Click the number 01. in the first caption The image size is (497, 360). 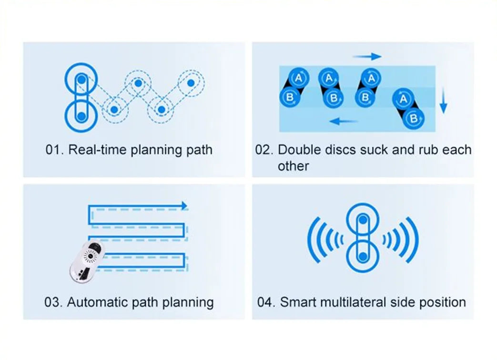click(54, 150)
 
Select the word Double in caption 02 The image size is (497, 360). click(298, 150)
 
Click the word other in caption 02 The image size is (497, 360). click(293, 166)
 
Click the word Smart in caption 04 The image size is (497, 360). click(298, 302)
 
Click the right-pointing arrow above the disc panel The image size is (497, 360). click(367, 57)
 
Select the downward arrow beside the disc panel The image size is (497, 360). click(444, 100)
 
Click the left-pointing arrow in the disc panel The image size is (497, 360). click(344, 121)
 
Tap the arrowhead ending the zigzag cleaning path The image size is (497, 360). click(184, 206)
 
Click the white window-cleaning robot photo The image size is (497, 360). click(88, 261)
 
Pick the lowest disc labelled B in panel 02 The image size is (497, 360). click(413, 119)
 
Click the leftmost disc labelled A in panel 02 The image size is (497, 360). click(298, 78)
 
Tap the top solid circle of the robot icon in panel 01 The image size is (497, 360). click(81, 79)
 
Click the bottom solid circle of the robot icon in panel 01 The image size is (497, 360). click(81, 116)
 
